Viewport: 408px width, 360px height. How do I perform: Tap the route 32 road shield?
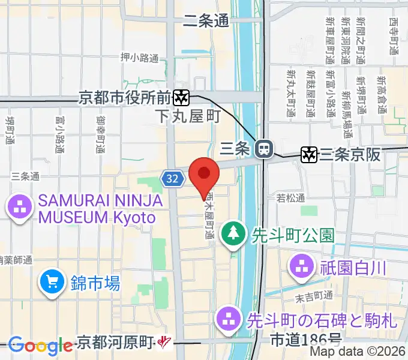(x=172, y=178)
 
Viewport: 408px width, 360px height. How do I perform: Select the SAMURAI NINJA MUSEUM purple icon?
(x=20, y=208)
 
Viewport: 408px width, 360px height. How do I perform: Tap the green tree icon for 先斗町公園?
(x=232, y=233)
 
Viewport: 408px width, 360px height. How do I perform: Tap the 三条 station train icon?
(x=263, y=149)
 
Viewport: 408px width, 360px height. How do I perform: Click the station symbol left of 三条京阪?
(x=310, y=154)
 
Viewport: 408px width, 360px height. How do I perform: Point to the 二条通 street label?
(x=205, y=21)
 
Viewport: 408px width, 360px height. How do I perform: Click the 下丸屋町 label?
(x=187, y=115)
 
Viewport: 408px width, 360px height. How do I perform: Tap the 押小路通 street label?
(x=139, y=58)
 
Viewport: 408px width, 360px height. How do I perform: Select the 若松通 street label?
(x=291, y=197)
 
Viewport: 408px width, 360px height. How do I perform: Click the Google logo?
(x=40, y=346)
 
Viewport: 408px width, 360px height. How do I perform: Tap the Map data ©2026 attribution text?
(x=358, y=352)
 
